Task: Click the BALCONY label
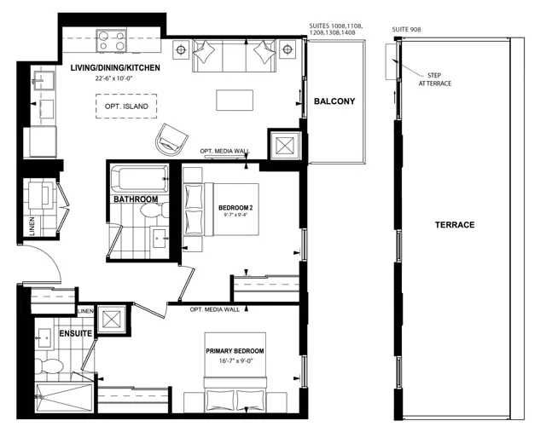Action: [x=334, y=101]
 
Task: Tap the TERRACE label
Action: [x=455, y=225]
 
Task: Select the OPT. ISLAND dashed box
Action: [x=126, y=107]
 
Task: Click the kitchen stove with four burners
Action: [x=112, y=41]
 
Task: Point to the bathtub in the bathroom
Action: [x=139, y=179]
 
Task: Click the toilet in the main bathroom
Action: [x=154, y=210]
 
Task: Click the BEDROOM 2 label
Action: [x=235, y=208]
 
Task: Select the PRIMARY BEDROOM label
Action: [x=235, y=351]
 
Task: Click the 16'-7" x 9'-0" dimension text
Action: [x=235, y=360]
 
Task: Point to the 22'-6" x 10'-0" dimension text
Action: [x=114, y=78]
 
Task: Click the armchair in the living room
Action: [x=171, y=139]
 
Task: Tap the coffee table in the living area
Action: [x=235, y=101]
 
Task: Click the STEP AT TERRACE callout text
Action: [x=434, y=79]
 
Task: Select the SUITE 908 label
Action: [x=406, y=30]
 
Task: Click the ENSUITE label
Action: [x=76, y=333]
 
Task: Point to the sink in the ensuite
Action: [x=44, y=337]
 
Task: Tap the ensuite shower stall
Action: [x=64, y=398]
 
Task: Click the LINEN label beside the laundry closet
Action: [x=32, y=226]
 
